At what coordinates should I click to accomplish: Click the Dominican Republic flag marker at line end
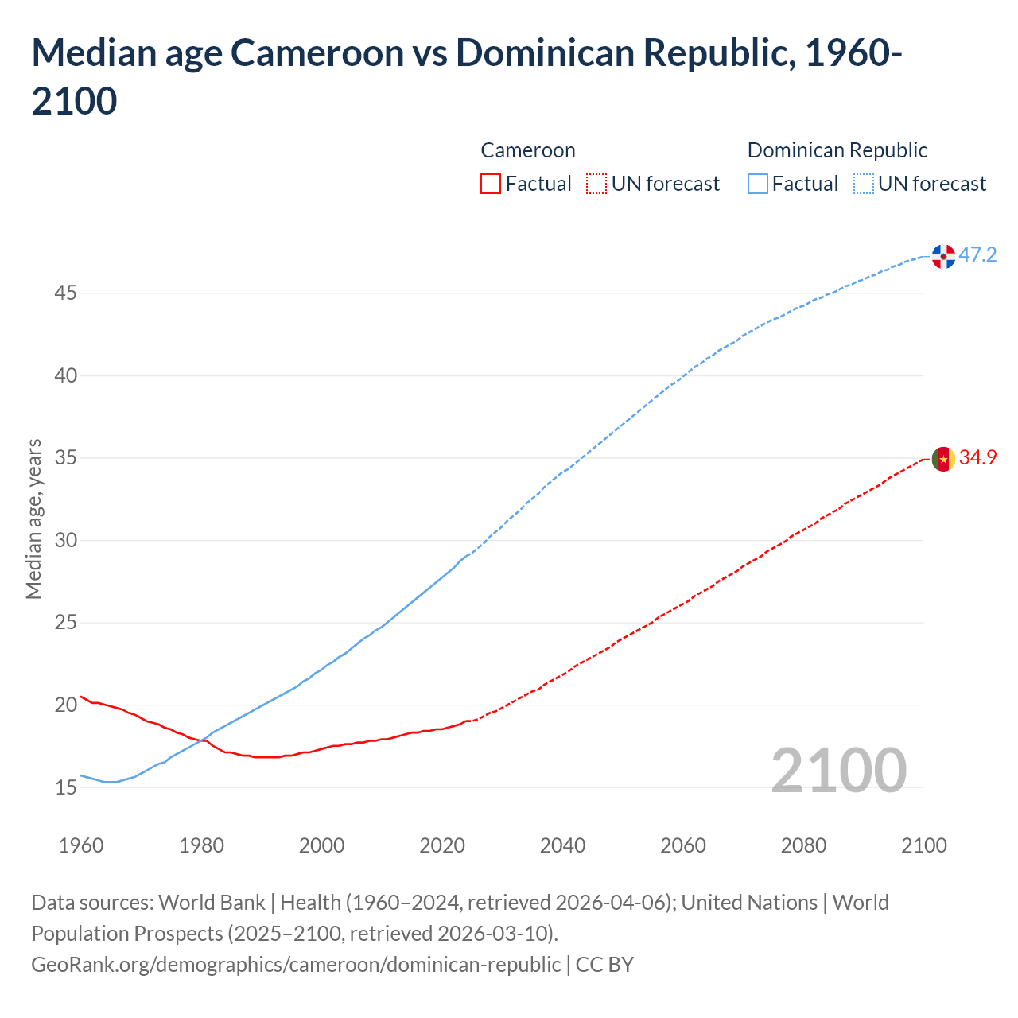pos(943,256)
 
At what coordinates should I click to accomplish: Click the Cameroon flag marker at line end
pos(943,459)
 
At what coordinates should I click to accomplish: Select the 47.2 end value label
pos(977,255)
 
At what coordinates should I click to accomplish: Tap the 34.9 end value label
pos(977,458)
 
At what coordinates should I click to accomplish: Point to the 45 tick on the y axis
pos(65,293)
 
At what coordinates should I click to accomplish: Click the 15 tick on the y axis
pos(65,787)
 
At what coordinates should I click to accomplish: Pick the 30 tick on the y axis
pos(65,540)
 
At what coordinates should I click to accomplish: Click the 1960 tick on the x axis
pos(81,845)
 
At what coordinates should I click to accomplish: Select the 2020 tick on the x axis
pos(442,845)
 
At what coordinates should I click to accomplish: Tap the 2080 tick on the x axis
pos(803,845)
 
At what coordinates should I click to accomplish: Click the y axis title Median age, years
pos(33,519)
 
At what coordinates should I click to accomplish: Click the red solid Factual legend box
pos(491,184)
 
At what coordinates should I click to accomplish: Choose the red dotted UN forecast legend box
pos(596,184)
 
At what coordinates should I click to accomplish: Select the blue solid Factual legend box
pos(758,184)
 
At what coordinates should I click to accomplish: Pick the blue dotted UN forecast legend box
pos(864,184)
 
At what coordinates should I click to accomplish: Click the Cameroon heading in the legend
pos(528,150)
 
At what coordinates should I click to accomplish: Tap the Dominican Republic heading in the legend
pos(837,150)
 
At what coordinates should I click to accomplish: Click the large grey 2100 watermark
pos(838,770)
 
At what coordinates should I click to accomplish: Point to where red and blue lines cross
pos(205,740)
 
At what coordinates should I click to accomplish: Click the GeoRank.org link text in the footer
pos(296,964)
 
